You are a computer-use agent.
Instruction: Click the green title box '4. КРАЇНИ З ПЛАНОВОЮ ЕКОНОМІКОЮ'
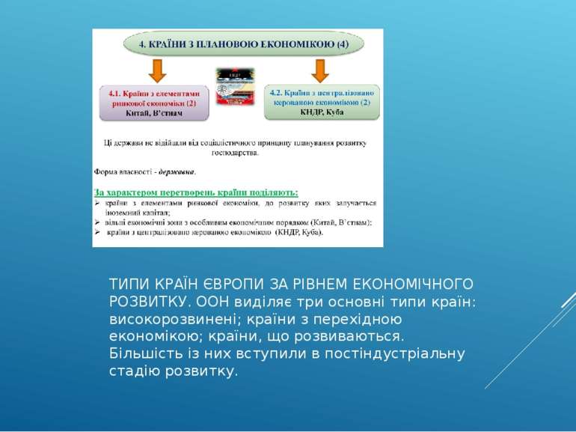(x=243, y=44)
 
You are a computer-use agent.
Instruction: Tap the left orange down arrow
(x=156, y=71)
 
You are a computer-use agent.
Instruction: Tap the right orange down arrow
(x=320, y=71)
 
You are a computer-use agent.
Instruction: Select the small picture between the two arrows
(x=236, y=88)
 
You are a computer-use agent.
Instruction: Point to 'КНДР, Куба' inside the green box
(x=322, y=112)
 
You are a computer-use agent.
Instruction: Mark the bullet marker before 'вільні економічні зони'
(x=97, y=222)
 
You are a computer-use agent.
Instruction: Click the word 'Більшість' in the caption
(x=140, y=353)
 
